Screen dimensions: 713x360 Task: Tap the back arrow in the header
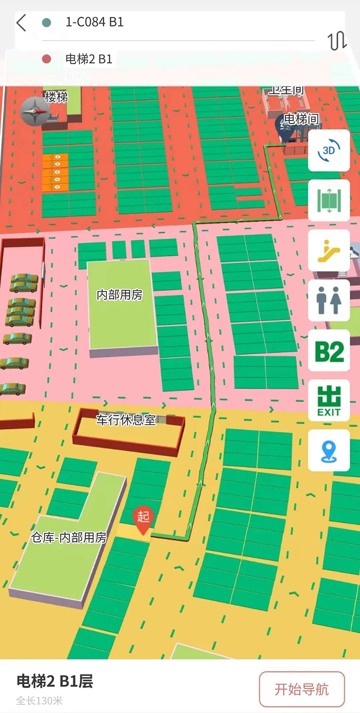click(x=21, y=23)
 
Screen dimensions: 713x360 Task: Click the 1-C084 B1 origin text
click(x=94, y=22)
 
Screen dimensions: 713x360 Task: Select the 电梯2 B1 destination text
click(x=88, y=59)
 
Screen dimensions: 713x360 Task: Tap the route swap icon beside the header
click(x=337, y=41)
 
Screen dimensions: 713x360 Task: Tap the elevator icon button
click(x=329, y=200)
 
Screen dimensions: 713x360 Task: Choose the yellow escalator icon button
click(x=329, y=251)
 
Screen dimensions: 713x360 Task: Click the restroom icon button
click(x=329, y=301)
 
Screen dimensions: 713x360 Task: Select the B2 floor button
click(x=329, y=351)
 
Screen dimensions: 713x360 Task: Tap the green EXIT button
click(x=329, y=401)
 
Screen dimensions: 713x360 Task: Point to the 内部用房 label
click(x=119, y=295)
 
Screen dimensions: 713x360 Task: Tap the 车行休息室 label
click(x=125, y=419)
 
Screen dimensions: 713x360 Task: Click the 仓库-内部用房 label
click(x=69, y=538)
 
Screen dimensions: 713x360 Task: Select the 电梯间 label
click(x=301, y=119)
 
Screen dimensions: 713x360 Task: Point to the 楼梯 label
click(x=56, y=97)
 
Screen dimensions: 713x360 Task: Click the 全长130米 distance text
click(x=39, y=701)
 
